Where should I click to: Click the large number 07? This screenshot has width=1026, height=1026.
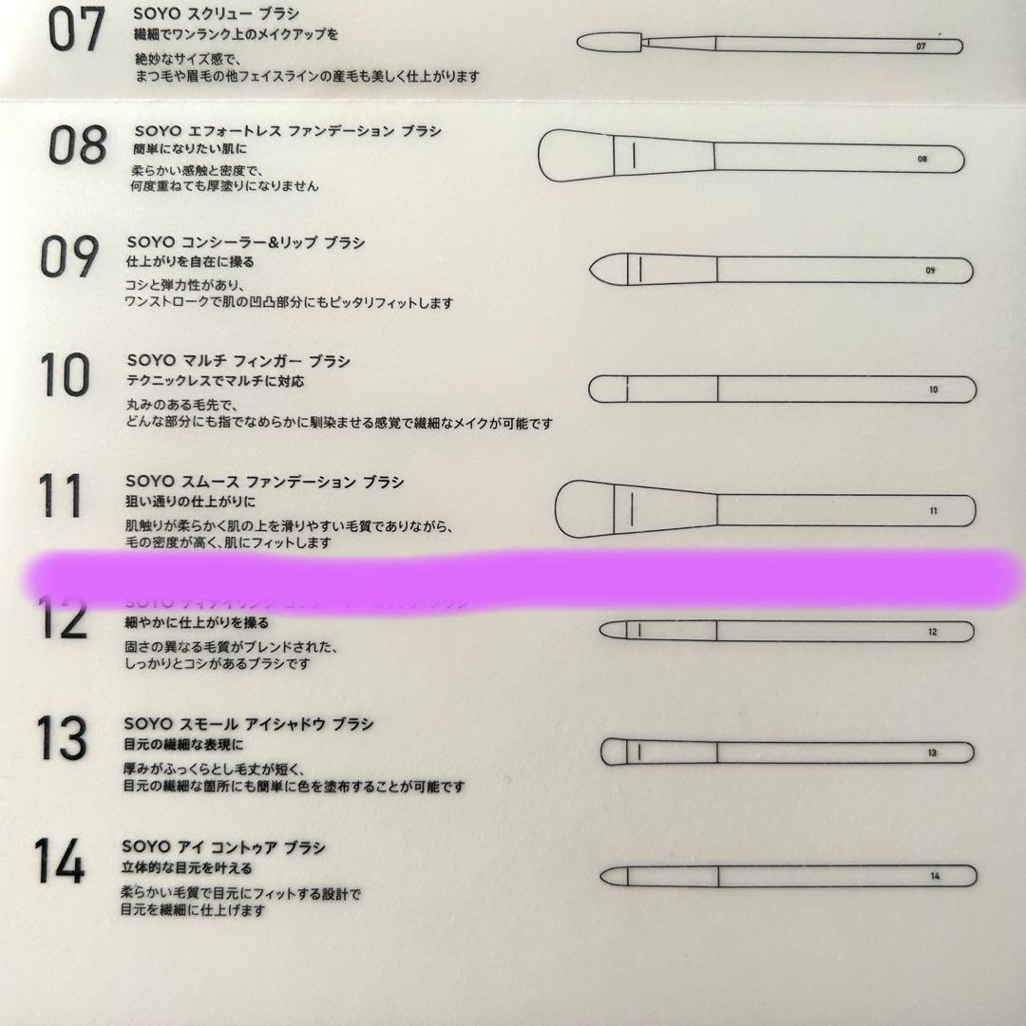click(76, 31)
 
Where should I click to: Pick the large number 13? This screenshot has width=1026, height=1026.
click(62, 738)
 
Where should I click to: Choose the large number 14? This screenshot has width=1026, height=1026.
click(60, 860)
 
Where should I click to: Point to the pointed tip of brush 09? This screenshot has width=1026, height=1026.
click(597, 270)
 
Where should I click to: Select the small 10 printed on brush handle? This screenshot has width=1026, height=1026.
click(933, 389)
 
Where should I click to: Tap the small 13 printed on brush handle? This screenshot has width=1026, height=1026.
click(932, 753)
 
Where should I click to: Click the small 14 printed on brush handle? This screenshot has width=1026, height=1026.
click(935, 876)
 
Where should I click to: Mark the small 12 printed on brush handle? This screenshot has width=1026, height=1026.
click(932, 632)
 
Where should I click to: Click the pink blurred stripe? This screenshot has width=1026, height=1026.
click(522, 575)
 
